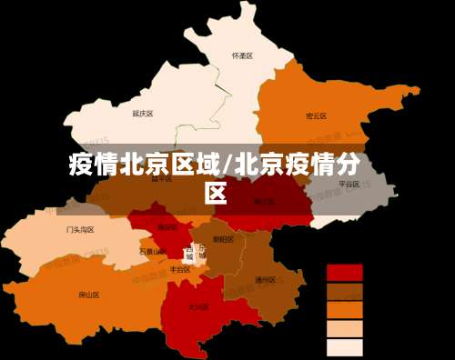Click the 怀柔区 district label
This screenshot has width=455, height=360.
241,55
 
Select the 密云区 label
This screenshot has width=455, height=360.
316,116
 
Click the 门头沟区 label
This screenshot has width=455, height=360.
80,230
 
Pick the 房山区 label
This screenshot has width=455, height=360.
89,295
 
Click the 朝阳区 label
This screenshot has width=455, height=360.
223,239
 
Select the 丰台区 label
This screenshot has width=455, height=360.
180,269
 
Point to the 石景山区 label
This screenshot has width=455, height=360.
152,251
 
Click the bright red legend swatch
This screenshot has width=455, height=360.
344,273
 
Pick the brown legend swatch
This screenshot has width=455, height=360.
344,292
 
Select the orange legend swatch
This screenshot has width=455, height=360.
344,310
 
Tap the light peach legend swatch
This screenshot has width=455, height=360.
344,329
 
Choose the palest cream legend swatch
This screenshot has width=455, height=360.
344,347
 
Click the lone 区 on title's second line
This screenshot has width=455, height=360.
216,193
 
